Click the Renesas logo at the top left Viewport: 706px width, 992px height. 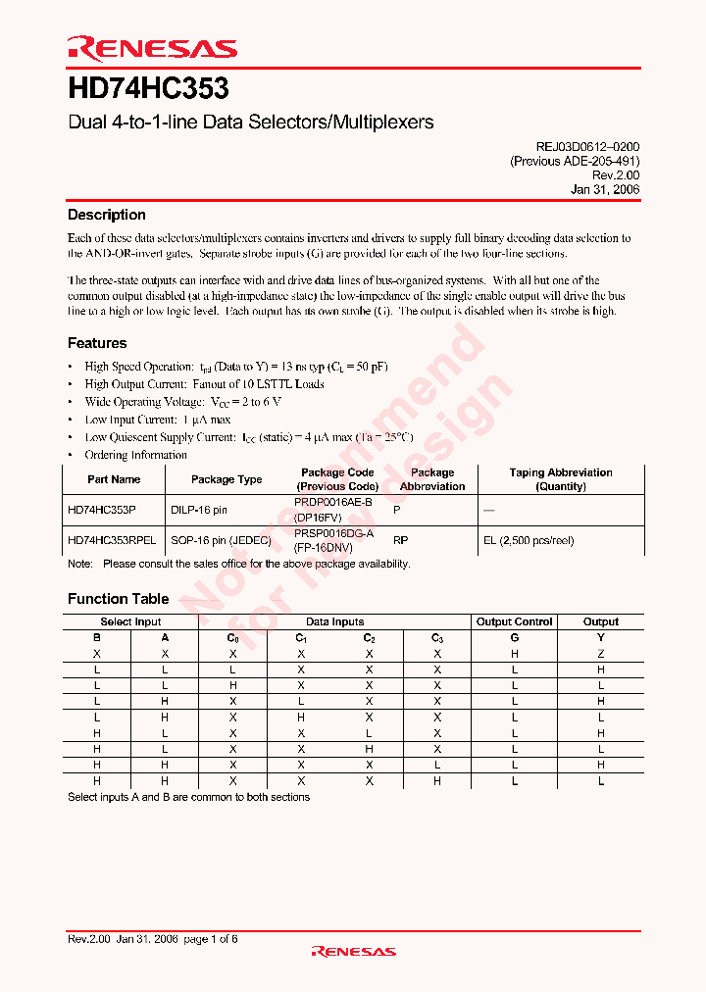click(152, 47)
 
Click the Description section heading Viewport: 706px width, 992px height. click(106, 215)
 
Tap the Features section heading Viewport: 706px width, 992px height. click(97, 343)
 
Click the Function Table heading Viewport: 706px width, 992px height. click(118, 599)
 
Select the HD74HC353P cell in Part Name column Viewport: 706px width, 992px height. click(102, 511)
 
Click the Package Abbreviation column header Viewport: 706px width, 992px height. click(432, 479)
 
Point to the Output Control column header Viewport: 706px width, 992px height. click(514, 621)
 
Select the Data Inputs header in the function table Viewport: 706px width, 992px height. click(334, 621)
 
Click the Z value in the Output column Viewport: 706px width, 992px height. click(601, 653)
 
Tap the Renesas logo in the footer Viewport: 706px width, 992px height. click(353, 951)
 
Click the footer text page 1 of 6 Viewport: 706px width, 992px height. click(210, 939)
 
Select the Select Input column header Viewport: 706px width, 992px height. click(130, 621)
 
